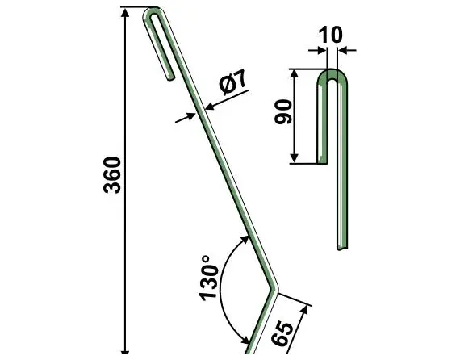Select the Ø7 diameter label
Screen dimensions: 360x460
(x=231, y=83)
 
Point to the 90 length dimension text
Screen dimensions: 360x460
(x=282, y=118)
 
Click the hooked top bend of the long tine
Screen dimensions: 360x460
(x=156, y=13)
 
